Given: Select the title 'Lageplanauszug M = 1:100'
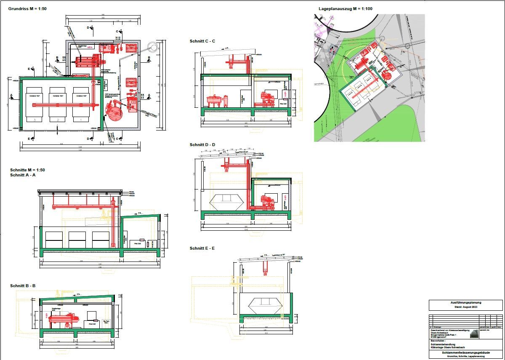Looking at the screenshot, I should [x=345, y=8].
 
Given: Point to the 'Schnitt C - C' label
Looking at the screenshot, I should [x=202, y=41].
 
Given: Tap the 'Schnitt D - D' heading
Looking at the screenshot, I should [x=202, y=145].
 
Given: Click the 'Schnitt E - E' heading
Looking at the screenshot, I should [x=202, y=248].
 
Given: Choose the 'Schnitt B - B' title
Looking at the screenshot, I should [x=23, y=286].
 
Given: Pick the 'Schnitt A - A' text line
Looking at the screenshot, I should [x=23, y=175].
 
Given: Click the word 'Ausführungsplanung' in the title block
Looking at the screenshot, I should [x=465, y=302].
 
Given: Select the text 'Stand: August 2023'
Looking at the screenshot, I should [x=465, y=307].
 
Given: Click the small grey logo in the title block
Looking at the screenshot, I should [x=473, y=334].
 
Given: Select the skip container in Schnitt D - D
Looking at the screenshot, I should [x=226, y=202].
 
